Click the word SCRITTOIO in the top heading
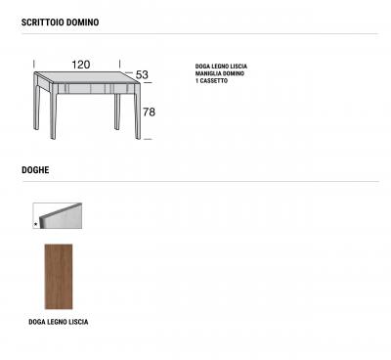44,21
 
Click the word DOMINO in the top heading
83,21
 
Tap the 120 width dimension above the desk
81,65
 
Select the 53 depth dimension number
142,75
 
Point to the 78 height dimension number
149,112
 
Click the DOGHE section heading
36,169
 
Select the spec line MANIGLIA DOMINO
220,74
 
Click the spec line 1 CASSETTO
212,81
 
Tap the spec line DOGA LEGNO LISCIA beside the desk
221,67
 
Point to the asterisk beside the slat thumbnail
36,224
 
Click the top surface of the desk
83,77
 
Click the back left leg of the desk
35,103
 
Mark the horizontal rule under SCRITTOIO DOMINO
195,34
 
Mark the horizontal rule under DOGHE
195,182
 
